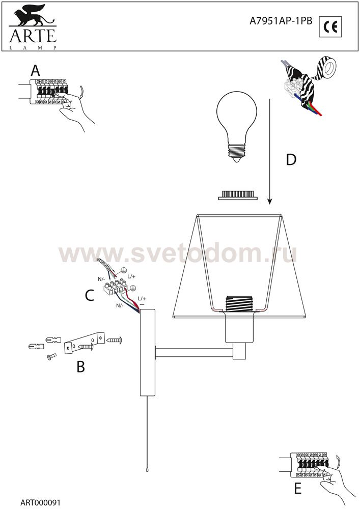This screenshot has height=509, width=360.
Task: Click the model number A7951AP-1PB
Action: tap(281, 21)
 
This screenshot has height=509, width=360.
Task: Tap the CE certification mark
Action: tap(330, 26)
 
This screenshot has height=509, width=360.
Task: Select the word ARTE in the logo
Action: tap(33, 36)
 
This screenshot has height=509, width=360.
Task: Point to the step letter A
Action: tap(35, 70)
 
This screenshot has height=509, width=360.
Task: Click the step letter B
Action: tap(80, 366)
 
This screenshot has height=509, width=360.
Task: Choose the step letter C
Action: tap(89, 295)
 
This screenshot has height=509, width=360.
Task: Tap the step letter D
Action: tap(291, 159)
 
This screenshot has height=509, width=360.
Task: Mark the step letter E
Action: tap(298, 488)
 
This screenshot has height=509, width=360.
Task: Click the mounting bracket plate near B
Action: tap(85, 343)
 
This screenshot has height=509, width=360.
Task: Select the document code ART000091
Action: tap(40, 502)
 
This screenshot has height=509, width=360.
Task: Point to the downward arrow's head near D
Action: tap(269, 202)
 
